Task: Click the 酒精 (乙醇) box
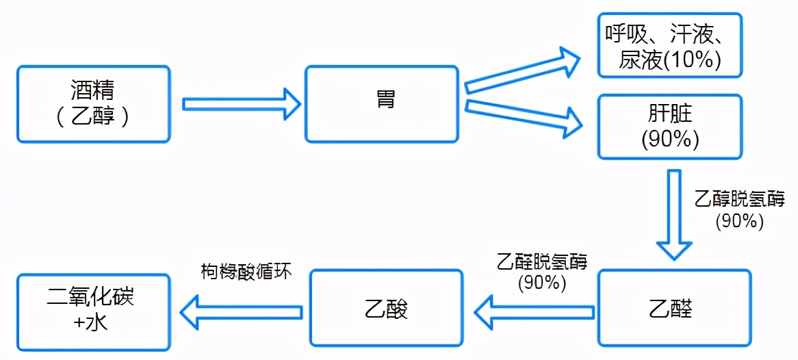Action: pos(93,104)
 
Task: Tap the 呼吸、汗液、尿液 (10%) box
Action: pos(670,45)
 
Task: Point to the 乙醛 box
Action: pos(674,308)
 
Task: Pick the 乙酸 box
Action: pos(386,308)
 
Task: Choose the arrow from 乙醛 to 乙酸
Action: pos(535,312)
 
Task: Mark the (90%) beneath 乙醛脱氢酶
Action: pos(542,282)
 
